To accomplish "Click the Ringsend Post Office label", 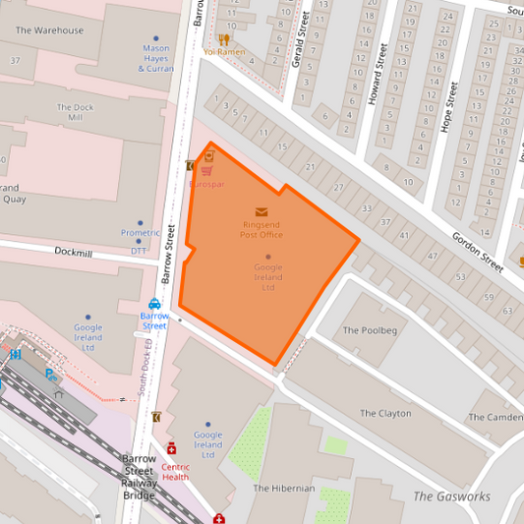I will (x=261, y=230).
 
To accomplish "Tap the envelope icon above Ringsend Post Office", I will (x=261, y=211).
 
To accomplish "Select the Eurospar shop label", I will (x=206, y=184).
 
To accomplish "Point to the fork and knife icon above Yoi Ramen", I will (x=223, y=38).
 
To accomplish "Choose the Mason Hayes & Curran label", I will (x=155, y=59).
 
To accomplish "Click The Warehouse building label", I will (x=49, y=30).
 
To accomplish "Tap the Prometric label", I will (x=140, y=233).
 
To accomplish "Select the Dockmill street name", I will (x=73, y=254).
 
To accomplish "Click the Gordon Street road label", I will (x=477, y=253).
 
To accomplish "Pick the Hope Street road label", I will (x=448, y=106).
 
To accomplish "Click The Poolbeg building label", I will (x=370, y=330).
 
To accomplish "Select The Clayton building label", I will (x=385, y=414).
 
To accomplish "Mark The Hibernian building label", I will (x=284, y=488).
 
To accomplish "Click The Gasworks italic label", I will (x=451, y=496).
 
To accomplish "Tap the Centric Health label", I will (x=176, y=473).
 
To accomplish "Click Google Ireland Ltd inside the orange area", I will (x=267, y=277).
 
